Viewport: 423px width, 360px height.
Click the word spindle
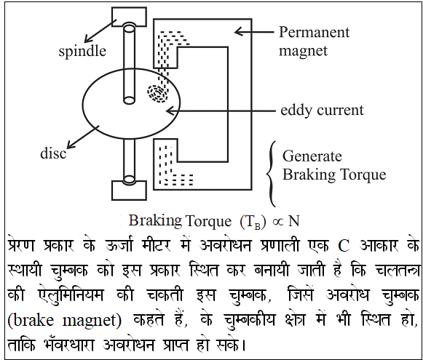pos(82,51)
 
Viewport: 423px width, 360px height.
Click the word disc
pos(53,153)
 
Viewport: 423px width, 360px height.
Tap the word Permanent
pos(315,32)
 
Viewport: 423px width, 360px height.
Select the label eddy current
pos(322,111)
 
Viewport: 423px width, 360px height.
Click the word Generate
pos(312,156)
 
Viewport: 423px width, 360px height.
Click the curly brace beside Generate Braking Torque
pos(272,174)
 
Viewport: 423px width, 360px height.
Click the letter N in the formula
pos(294,221)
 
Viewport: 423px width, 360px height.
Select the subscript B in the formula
pos(257,226)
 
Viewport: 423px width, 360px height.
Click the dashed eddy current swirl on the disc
pos(157,93)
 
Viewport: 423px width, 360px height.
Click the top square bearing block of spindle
pos(129,17)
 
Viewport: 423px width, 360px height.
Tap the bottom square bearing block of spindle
pos(129,191)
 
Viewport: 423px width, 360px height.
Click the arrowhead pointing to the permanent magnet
pos(239,32)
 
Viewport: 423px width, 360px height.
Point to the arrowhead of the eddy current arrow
pos(170,111)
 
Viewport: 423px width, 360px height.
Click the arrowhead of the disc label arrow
pos(71,145)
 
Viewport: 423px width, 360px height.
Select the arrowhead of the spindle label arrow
pos(88,39)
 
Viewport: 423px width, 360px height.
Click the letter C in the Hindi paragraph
pos(344,246)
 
